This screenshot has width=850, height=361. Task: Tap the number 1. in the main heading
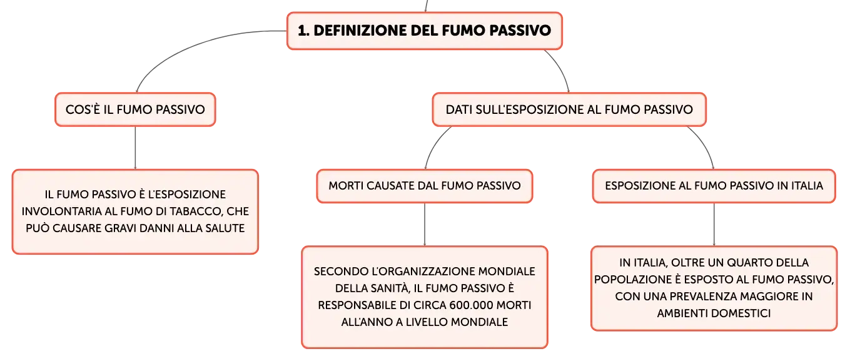303,31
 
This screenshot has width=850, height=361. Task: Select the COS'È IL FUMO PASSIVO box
136,109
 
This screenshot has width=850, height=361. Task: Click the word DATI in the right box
458,109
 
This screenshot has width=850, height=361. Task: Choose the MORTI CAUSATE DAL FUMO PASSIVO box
425,186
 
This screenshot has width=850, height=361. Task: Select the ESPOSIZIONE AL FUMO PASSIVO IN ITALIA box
714,186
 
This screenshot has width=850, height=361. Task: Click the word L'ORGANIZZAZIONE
418,272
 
